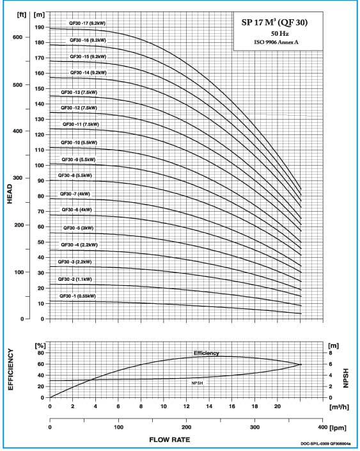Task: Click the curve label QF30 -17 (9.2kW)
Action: point(87,23)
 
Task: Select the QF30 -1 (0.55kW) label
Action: point(77,296)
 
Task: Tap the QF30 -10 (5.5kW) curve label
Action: point(79,143)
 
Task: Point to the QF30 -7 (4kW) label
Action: point(75,194)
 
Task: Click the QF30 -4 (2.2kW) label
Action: point(79,245)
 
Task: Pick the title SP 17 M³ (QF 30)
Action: point(274,22)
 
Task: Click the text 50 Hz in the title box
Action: point(279,34)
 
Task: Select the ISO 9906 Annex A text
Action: point(276,42)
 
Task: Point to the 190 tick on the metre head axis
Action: point(40,28)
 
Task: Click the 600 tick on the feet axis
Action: point(17,37)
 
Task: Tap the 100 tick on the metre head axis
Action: point(40,166)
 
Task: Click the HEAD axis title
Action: point(10,194)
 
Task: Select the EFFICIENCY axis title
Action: point(10,369)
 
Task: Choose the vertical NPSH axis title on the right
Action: point(346,378)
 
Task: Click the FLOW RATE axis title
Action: point(169,439)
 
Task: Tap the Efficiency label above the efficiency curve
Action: point(206,353)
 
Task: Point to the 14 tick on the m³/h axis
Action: point(209,406)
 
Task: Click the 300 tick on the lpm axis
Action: point(254,427)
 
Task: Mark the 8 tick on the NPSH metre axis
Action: point(331,353)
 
